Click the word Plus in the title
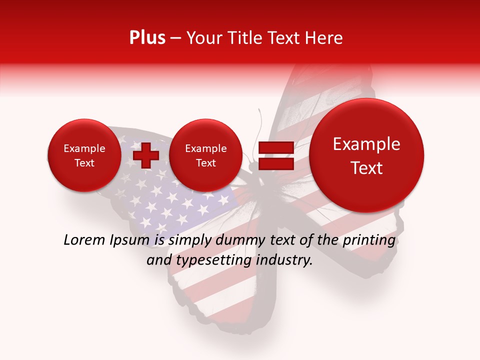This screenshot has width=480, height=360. click(x=147, y=38)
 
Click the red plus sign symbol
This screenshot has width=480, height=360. click(x=146, y=155)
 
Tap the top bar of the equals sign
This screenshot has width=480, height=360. click(x=275, y=147)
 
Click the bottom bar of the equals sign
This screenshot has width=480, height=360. click(x=275, y=164)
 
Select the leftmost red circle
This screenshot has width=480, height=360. click(x=84, y=155)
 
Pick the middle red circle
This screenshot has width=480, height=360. click(x=205, y=155)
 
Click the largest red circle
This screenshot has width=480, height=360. click(x=366, y=155)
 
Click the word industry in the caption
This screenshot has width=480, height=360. click(x=286, y=260)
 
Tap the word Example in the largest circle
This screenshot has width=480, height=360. click(x=366, y=144)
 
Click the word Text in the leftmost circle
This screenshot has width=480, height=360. click(x=84, y=163)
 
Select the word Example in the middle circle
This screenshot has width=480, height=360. click(x=205, y=148)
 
